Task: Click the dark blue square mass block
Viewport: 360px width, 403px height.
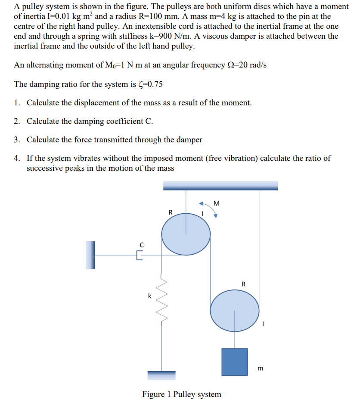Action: click(235, 361)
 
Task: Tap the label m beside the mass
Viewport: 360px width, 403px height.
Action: click(260, 369)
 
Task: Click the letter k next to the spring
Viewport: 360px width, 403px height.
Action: click(149, 296)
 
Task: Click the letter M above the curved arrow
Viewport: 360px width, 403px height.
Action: click(217, 203)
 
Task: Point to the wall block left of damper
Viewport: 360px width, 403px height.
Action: click(90, 255)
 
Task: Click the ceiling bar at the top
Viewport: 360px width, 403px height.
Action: click(220, 185)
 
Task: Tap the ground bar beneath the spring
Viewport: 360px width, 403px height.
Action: click(161, 375)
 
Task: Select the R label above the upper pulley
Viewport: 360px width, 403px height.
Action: click(170, 212)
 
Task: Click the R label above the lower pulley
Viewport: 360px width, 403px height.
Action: click(243, 284)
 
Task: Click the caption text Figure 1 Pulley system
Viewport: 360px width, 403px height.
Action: click(181, 394)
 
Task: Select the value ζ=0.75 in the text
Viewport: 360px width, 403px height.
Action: click(148, 84)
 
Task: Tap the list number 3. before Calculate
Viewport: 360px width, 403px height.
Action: click(17, 139)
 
